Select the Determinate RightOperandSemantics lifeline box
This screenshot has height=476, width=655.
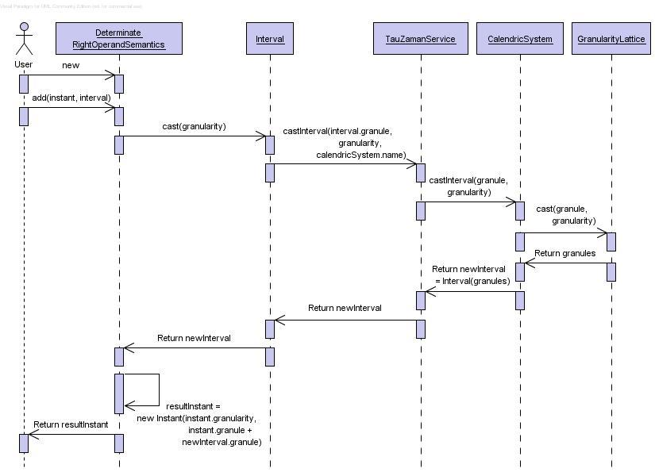[x=118, y=38]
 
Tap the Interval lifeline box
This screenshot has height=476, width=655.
[x=270, y=38]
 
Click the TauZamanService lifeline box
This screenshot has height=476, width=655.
[x=421, y=38]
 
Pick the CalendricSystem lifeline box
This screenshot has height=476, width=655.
[x=520, y=38]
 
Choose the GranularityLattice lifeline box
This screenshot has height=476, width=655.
[x=611, y=38]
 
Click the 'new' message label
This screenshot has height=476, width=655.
[x=71, y=65]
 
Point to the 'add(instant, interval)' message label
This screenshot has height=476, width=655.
[x=71, y=98]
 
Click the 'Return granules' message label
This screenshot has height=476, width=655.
[x=564, y=253]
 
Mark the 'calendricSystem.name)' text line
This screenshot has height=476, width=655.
[x=360, y=155]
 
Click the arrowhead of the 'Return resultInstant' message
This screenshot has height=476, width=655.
[x=33, y=434]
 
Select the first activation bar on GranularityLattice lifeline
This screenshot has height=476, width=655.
[x=611, y=242]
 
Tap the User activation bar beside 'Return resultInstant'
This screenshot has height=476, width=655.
[x=24, y=443]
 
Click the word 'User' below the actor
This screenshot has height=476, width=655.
[x=23, y=63]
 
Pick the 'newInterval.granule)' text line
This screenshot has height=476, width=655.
[x=222, y=442]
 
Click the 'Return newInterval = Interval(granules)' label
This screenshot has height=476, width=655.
[x=471, y=274]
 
